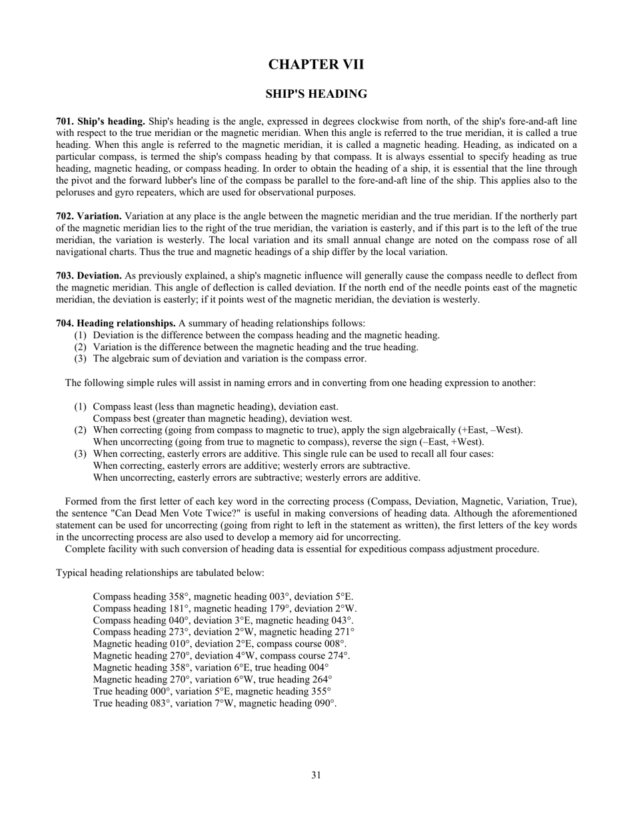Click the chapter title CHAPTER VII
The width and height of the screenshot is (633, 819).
[316, 65]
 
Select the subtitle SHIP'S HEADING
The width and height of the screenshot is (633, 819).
[316, 94]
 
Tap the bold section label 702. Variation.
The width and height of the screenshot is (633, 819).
[89, 216]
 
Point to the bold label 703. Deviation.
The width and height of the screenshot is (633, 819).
[89, 276]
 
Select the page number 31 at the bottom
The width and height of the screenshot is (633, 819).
[316, 774]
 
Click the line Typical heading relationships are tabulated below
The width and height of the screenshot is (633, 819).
[160, 573]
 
